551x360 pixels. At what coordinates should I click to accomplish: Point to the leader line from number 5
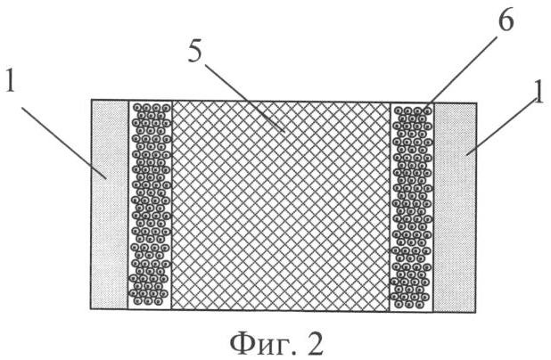pos(244,98)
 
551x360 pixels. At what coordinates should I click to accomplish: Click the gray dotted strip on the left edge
pos(110,205)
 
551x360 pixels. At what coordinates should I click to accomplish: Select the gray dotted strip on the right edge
pos(455,208)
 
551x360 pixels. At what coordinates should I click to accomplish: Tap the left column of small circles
pos(150,205)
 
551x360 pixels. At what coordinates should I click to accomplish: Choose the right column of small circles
pos(412,208)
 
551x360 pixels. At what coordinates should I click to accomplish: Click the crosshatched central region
pos(281,206)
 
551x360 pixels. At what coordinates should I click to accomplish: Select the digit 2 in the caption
pos(315,343)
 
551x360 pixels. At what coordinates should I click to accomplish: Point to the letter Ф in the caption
pos(241,344)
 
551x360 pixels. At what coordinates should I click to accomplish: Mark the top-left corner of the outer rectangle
pos(91,101)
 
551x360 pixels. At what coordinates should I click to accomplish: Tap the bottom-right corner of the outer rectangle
pos(476,312)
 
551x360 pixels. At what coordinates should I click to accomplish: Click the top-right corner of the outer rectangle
pos(476,102)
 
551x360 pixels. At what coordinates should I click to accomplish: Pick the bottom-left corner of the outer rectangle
pos(91,309)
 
